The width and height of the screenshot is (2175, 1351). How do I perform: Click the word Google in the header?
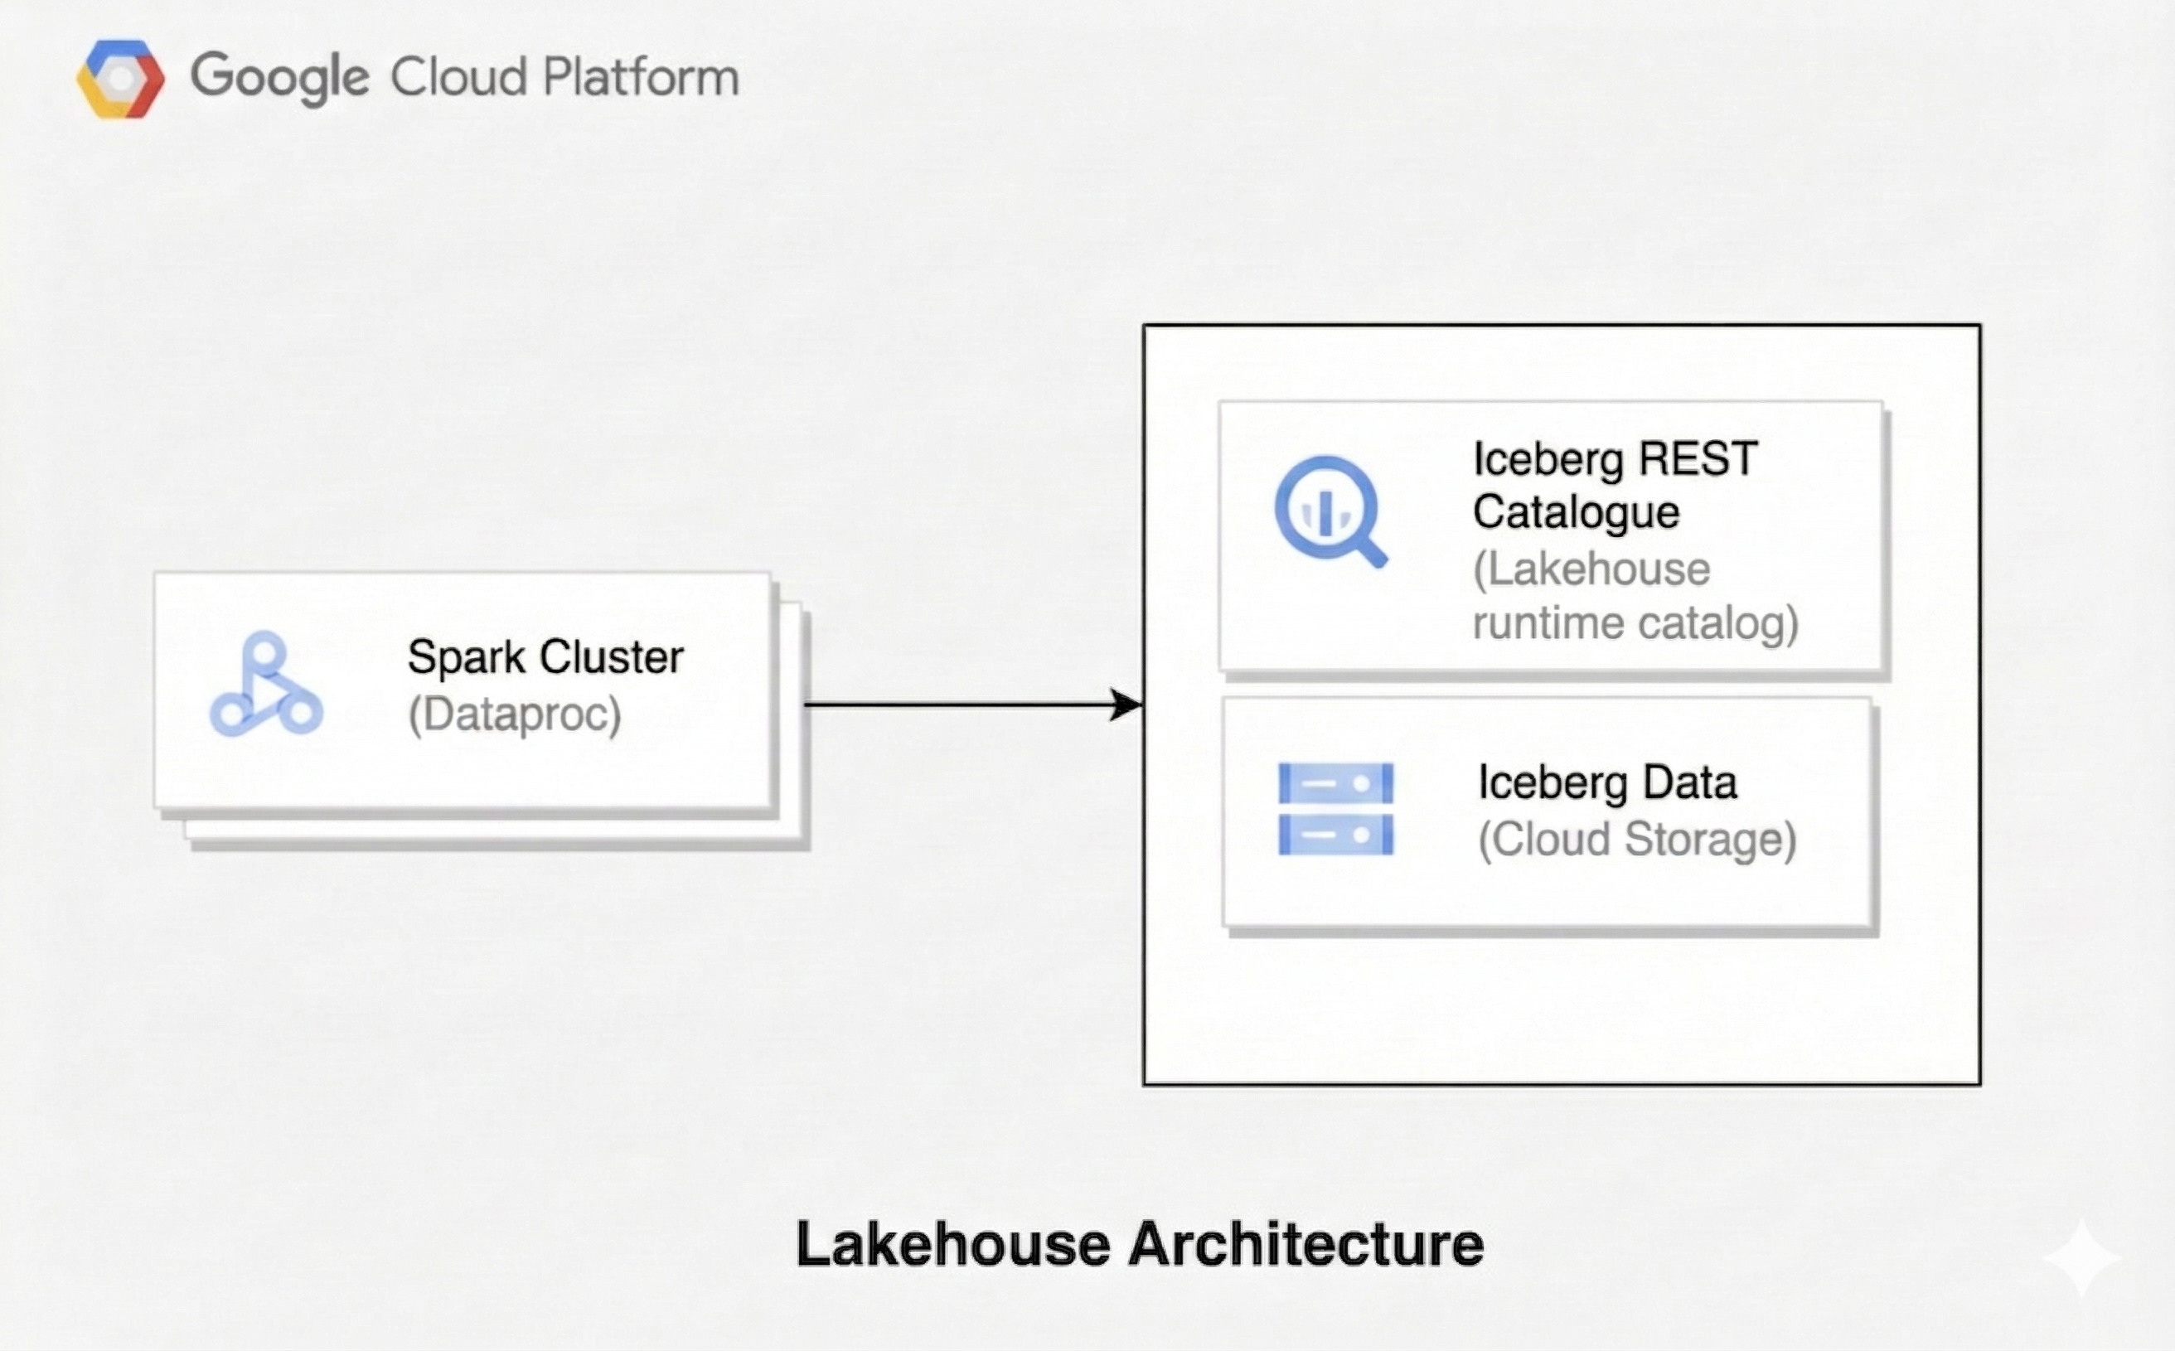[279, 78]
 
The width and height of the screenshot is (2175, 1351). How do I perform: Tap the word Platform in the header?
[641, 77]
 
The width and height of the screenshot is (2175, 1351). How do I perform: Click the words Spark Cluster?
[545, 657]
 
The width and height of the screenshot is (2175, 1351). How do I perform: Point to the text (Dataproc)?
[514, 714]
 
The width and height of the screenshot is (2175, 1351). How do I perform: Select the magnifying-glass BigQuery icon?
[1330, 511]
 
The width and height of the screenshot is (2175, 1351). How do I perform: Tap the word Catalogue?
[1577, 513]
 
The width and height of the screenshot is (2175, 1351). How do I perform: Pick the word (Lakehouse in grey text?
[1591, 569]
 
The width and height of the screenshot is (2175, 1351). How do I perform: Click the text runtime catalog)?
[1635, 623]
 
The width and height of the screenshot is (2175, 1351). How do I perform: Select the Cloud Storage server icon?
[1335, 809]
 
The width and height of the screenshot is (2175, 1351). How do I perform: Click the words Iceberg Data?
[1606, 782]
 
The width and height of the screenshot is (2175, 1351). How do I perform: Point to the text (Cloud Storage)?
[1637, 840]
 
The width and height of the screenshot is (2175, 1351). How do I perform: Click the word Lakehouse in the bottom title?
[952, 1245]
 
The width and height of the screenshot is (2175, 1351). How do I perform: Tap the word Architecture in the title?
[1305, 1245]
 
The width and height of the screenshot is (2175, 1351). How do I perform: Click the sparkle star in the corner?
[2081, 1258]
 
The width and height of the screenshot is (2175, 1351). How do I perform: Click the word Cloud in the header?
[458, 77]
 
